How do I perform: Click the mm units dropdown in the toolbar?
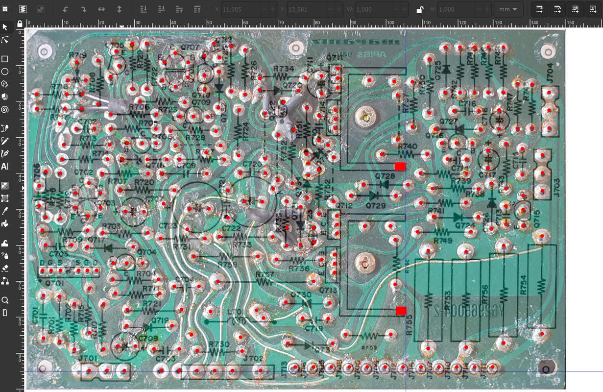(x=508, y=9)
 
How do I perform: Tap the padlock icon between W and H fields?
(x=420, y=9)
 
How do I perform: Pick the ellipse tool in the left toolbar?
(x=5, y=72)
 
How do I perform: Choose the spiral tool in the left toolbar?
(x=5, y=109)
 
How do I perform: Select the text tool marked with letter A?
(x=5, y=167)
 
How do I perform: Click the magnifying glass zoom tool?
(x=5, y=300)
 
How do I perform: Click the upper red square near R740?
(x=400, y=166)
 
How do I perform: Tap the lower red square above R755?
(x=401, y=311)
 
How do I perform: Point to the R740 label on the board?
(x=407, y=147)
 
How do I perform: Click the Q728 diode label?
(x=385, y=176)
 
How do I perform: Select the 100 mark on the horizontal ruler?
(x=391, y=23)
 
